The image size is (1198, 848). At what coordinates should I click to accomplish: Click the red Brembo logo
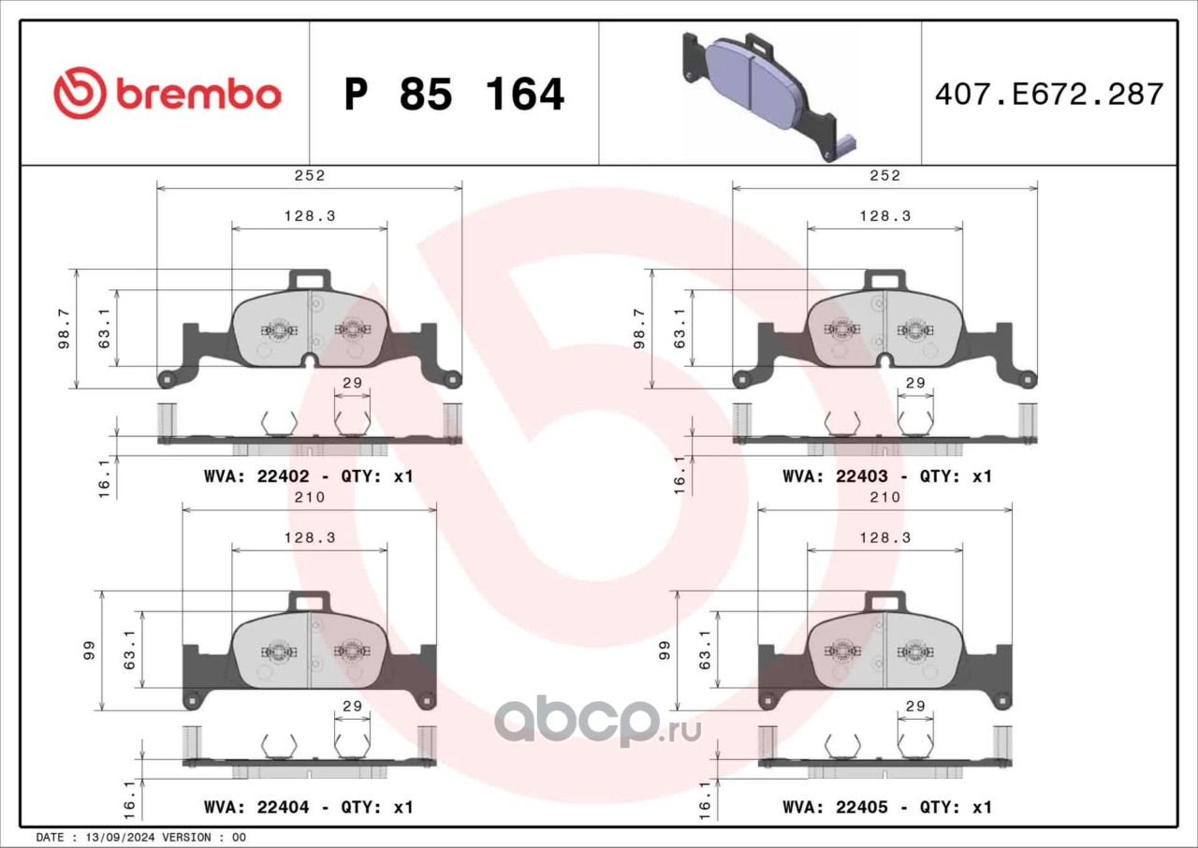pos(168,93)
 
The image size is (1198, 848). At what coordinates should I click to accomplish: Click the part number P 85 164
pos(455,95)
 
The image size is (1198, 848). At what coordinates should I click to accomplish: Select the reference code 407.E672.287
pos(1049,95)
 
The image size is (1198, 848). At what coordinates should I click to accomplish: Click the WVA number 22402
pos(283,476)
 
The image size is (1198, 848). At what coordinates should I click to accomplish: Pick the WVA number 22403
pos(862,476)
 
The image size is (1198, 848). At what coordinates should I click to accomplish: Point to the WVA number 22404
pos(283,807)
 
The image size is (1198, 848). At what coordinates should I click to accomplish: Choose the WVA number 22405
pos(862,807)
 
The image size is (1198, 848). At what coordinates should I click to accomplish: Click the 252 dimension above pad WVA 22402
pos(310,175)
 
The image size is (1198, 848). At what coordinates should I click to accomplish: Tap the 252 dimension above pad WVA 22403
pos(885,175)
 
